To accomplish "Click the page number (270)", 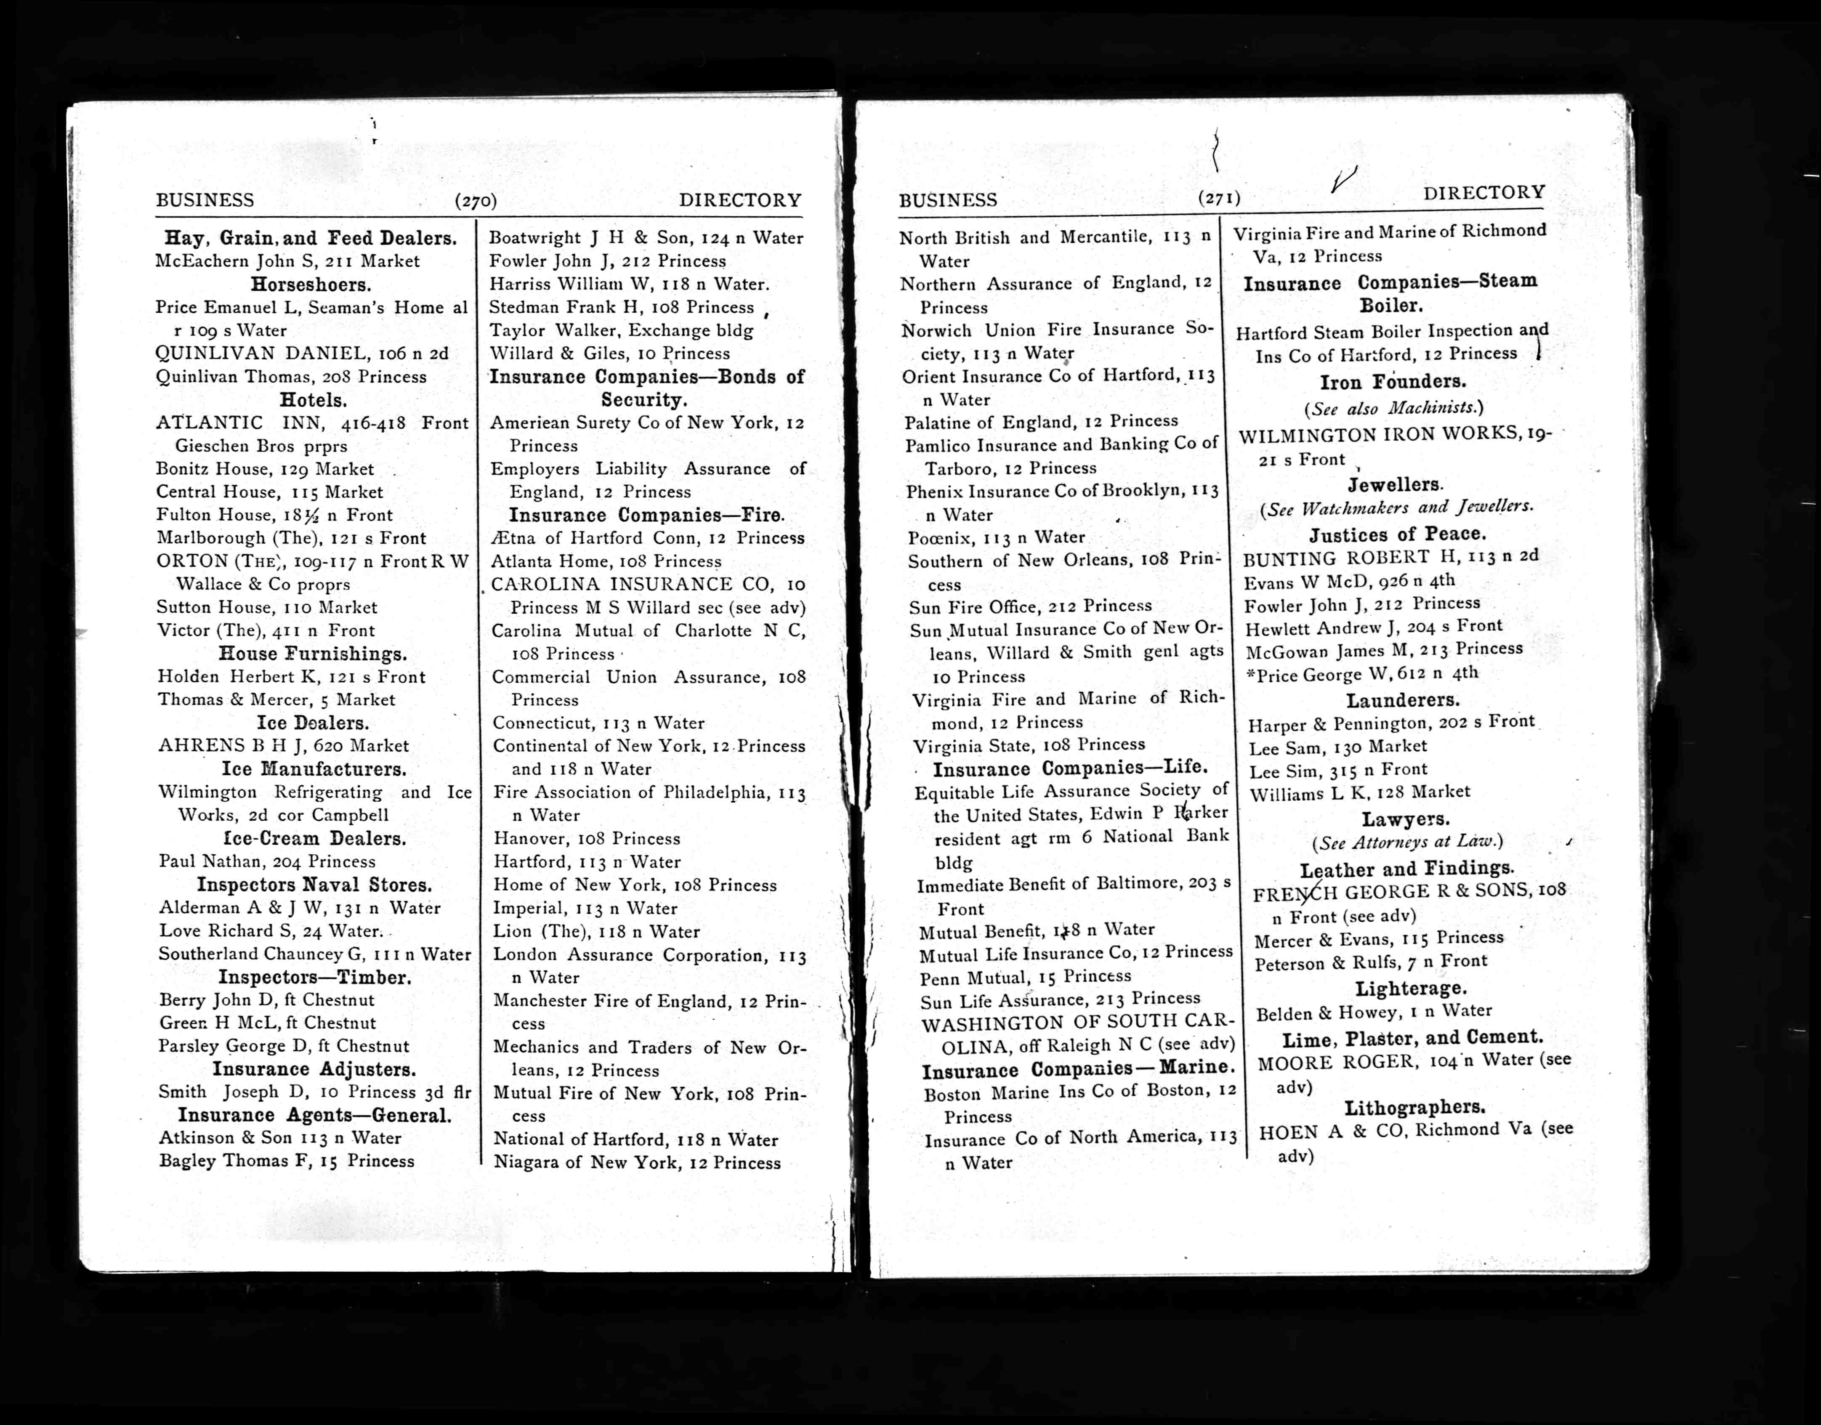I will (x=476, y=201).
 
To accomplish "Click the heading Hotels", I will (x=313, y=401).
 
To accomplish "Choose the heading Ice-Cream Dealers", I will (x=314, y=839).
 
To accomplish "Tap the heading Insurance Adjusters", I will (x=314, y=1069).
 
